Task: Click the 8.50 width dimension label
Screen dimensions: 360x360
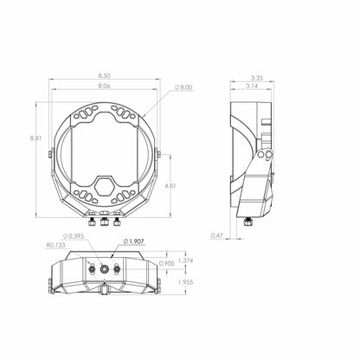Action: (x=104, y=77)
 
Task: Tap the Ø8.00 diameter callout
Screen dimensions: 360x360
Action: (x=184, y=87)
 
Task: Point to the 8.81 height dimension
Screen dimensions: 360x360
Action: (x=34, y=138)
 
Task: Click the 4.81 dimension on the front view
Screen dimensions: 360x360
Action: (x=173, y=185)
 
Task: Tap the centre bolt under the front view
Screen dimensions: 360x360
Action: (x=104, y=221)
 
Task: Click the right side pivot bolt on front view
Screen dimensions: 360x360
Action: (x=156, y=156)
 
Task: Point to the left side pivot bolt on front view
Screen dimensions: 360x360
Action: (x=51, y=156)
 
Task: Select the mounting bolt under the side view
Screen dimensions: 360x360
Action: (x=252, y=220)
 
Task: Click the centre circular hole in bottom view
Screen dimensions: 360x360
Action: (x=106, y=270)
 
